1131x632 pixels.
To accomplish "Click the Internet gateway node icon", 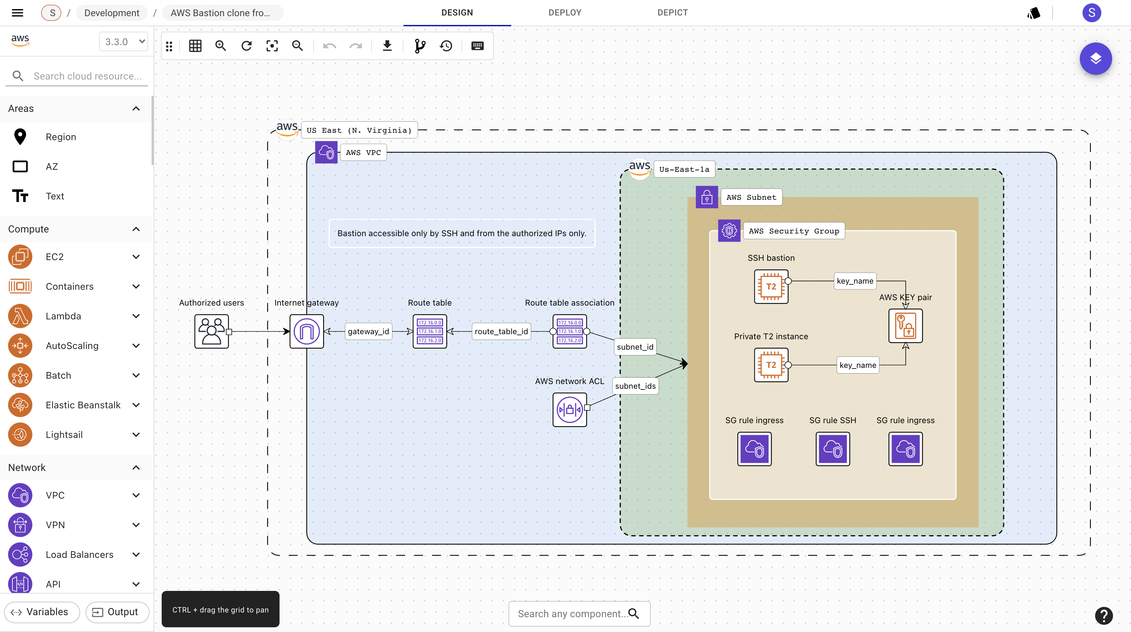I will (x=306, y=331).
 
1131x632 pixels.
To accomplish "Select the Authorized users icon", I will (x=211, y=331).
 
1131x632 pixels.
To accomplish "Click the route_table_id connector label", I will (x=501, y=331).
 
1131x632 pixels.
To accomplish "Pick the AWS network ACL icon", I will (x=570, y=409).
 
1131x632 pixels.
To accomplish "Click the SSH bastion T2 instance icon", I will (x=771, y=286).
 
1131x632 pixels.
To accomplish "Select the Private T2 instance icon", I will (x=771, y=365).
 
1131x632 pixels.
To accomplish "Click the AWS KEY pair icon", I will (x=905, y=325).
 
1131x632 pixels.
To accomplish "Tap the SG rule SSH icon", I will (x=833, y=448).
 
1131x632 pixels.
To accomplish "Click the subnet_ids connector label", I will (x=635, y=386).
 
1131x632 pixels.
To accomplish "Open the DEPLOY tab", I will (x=564, y=13).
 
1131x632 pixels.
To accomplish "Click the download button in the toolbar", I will (x=387, y=46).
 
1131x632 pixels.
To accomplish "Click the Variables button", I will (x=41, y=612).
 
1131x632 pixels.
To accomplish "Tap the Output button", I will (x=117, y=612).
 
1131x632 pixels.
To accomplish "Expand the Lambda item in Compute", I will (x=136, y=316).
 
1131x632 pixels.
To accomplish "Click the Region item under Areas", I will (x=61, y=136).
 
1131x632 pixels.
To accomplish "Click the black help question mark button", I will (x=1103, y=615).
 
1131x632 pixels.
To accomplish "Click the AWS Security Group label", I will (x=794, y=231).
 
